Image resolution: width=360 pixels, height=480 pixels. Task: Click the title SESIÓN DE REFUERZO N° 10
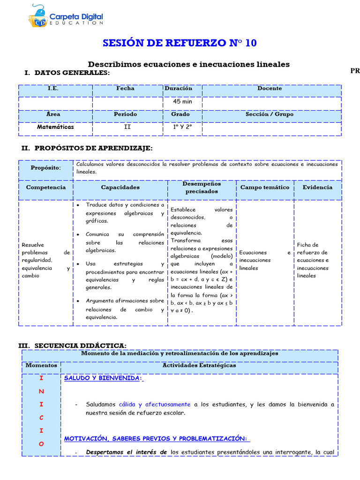[x=180, y=43]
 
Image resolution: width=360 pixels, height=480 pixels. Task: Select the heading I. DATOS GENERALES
[x=67, y=73]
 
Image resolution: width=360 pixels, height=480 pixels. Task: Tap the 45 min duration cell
[x=182, y=102]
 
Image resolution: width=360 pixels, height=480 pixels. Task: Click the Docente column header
[x=270, y=88]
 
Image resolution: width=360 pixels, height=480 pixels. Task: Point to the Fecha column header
[x=125, y=88]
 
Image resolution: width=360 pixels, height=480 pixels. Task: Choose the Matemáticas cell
[x=55, y=127]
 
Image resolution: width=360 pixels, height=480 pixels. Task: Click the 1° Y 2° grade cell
[x=182, y=127]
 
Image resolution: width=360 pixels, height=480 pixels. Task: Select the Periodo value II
[x=127, y=127]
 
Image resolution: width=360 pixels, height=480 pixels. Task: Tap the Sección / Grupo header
[x=270, y=114]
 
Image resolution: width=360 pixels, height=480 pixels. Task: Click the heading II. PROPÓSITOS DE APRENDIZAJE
[x=87, y=148]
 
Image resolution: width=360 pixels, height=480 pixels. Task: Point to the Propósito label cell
[x=46, y=168]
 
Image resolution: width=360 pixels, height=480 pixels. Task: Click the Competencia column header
[x=46, y=187]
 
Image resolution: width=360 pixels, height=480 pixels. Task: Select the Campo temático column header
[x=265, y=187]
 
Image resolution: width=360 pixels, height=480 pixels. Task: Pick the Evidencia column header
[x=317, y=187]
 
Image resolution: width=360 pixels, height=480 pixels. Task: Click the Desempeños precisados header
[x=202, y=187]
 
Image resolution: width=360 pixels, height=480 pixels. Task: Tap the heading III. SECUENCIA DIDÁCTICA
[x=72, y=345]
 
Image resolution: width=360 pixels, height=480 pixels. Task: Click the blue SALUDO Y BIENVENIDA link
[x=103, y=378]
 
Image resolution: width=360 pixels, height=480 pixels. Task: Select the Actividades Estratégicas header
[x=199, y=365]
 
